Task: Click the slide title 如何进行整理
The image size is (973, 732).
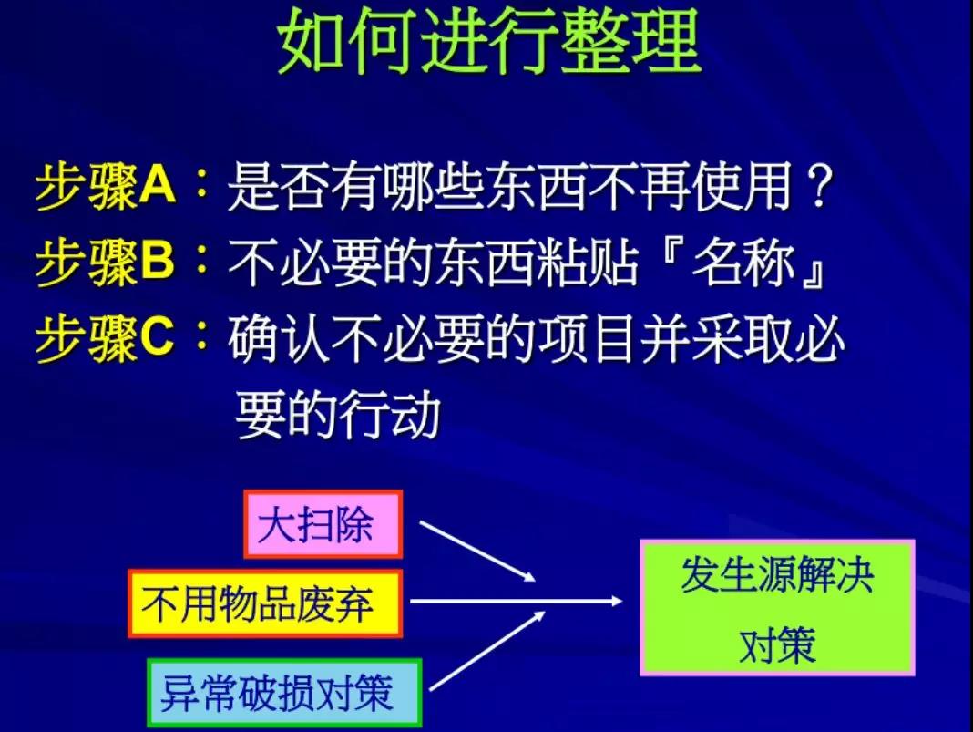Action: coord(489,42)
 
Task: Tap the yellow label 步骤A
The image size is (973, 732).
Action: coord(106,186)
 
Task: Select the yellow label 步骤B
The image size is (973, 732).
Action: coord(106,262)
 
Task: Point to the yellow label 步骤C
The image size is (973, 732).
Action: coord(106,338)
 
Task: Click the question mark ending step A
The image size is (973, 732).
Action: coord(819,186)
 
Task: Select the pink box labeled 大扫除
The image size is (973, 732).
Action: coord(323,524)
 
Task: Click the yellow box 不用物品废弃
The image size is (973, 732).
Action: coord(265,603)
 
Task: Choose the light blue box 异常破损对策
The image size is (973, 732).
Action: coord(284,693)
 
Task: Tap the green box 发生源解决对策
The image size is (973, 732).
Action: coord(777,608)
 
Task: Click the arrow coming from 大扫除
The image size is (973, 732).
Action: coord(477,552)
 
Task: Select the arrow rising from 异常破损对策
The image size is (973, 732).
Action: coord(487,651)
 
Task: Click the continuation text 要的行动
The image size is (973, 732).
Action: coord(338,414)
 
